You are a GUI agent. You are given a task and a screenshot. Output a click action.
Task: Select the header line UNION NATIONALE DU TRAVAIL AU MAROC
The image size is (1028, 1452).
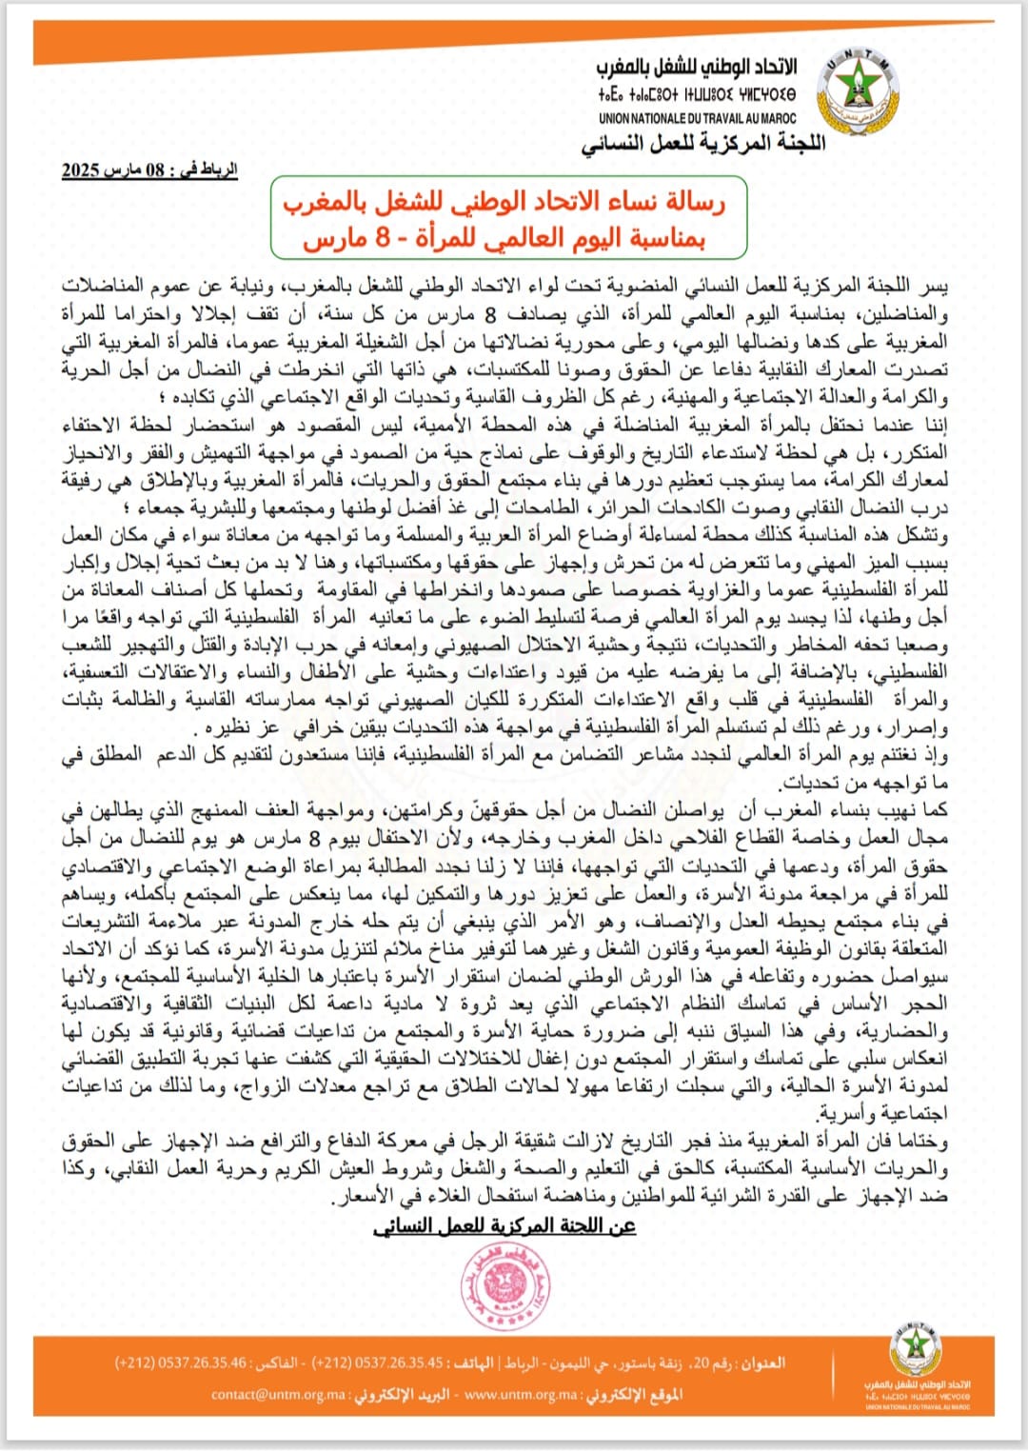[697, 119]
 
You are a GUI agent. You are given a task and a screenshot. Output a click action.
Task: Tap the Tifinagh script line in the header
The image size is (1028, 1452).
[697, 95]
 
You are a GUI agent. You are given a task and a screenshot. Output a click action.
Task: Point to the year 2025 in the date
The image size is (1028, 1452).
[81, 170]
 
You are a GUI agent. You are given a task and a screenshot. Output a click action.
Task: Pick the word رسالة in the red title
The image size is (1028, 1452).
[695, 201]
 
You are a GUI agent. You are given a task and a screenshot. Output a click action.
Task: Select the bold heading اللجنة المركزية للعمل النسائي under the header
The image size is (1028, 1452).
[703, 144]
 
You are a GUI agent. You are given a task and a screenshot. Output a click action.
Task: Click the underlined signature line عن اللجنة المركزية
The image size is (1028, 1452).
[504, 1226]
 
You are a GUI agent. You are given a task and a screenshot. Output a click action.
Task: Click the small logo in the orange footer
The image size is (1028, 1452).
[916, 1353]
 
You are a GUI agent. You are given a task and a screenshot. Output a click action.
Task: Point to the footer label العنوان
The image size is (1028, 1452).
[763, 1363]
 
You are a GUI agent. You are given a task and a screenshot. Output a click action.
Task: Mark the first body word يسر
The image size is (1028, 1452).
[936, 286]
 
